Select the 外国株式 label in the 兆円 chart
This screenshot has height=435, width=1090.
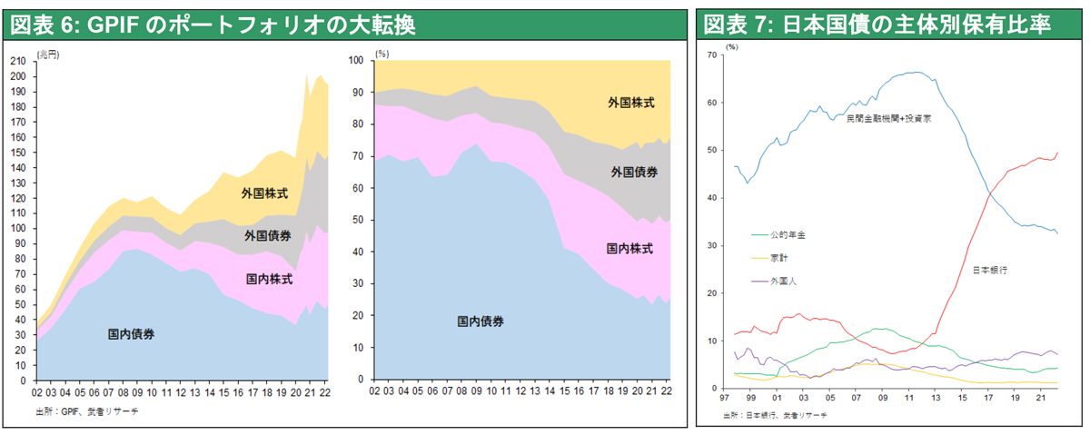click(264, 193)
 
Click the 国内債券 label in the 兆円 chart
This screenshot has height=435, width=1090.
click(131, 334)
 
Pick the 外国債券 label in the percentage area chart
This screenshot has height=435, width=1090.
click(634, 172)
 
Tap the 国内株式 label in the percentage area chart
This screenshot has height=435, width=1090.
click(629, 248)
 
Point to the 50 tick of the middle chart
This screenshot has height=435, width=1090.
click(358, 220)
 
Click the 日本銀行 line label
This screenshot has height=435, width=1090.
click(989, 271)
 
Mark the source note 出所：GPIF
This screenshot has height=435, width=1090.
click(87, 411)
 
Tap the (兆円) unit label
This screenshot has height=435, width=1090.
click(47, 54)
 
